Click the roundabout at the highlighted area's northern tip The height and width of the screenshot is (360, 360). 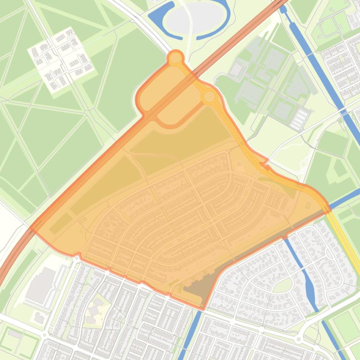[x=176, y=58]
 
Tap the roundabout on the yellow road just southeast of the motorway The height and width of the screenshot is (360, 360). [x=209, y=97]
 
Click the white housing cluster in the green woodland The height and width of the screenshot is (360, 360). [x=61, y=58]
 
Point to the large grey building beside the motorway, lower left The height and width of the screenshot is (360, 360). [x=41, y=284]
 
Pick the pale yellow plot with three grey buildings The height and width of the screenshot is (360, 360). [x=96, y=310]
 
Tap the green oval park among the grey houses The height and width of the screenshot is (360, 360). [x=282, y=285]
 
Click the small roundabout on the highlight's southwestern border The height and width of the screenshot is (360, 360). [x=76, y=256]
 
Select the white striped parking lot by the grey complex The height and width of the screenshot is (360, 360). [x=300, y=119]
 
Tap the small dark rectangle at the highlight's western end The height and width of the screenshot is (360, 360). [x=61, y=223]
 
